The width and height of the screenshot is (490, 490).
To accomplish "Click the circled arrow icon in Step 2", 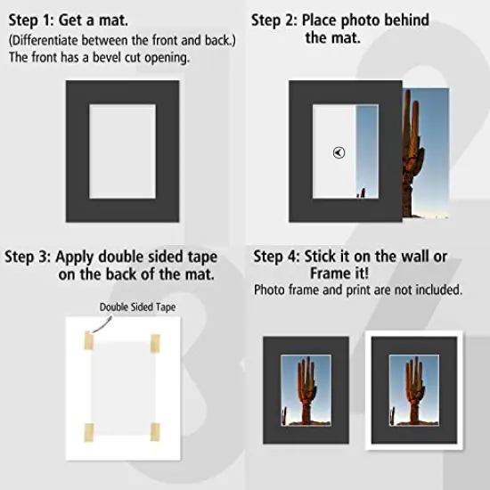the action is [339, 152].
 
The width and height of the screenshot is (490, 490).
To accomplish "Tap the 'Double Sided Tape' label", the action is [137, 307].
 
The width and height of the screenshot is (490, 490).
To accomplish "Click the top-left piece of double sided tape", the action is [89, 340].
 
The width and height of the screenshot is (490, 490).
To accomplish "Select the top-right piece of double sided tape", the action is [155, 343].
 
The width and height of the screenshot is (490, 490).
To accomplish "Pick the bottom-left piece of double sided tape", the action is [89, 432].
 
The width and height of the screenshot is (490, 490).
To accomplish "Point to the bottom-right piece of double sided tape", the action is [155, 432].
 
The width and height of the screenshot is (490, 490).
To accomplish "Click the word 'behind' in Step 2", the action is [406, 20].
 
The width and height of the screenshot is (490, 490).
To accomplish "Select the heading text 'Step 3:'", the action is [28, 257].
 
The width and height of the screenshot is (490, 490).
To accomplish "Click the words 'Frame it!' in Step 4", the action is [339, 274].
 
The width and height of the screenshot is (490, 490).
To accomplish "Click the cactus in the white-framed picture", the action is [414, 392].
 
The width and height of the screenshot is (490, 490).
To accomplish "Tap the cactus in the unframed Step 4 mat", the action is [306, 392].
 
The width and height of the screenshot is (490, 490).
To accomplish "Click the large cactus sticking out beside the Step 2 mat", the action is [412, 153].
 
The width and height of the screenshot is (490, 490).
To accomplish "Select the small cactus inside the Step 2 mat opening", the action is [363, 192].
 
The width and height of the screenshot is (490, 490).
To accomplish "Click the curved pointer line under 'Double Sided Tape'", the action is [102, 325].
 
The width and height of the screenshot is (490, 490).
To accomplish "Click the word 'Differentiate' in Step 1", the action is [43, 41].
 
